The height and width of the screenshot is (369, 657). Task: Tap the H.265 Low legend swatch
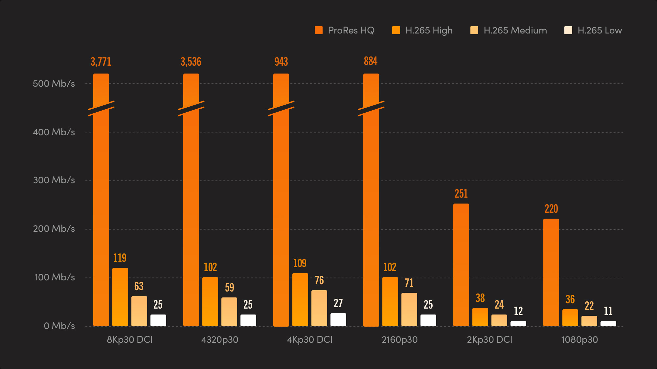pyautogui.click(x=568, y=31)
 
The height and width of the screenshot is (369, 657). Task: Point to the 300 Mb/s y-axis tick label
pyautogui.click(x=54, y=180)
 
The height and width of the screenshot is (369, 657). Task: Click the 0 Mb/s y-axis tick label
pyautogui.click(x=59, y=326)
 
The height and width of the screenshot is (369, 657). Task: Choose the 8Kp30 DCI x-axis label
pyautogui.click(x=130, y=339)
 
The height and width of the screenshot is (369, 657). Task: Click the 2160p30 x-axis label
pyautogui.click(x=399, y=339)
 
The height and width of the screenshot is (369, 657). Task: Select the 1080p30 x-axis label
pyautogui.click(x=579, y=339)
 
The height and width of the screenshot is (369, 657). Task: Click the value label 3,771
pyautogui.click(x=101, y=62)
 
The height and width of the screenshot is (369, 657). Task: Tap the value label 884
pyautogui.click(x=371, y=61)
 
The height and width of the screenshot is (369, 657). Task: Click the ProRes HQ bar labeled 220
pyautogui.click(x=551, y=272)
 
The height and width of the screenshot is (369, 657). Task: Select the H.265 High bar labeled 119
pyautogui.click(x=120, y=297)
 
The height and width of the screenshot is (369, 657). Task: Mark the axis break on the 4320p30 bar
pyautogui.click(x=191, y=108)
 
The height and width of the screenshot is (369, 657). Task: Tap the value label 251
pyautogui.click(x=461, y=194)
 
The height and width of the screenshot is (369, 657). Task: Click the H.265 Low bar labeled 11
pyautogui.click(x=608, y=324)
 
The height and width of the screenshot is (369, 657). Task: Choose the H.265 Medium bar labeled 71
pyautogui.click(x=409, y=309)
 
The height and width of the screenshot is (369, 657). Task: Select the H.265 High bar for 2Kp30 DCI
pyautogui.click(x=480, y=317)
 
